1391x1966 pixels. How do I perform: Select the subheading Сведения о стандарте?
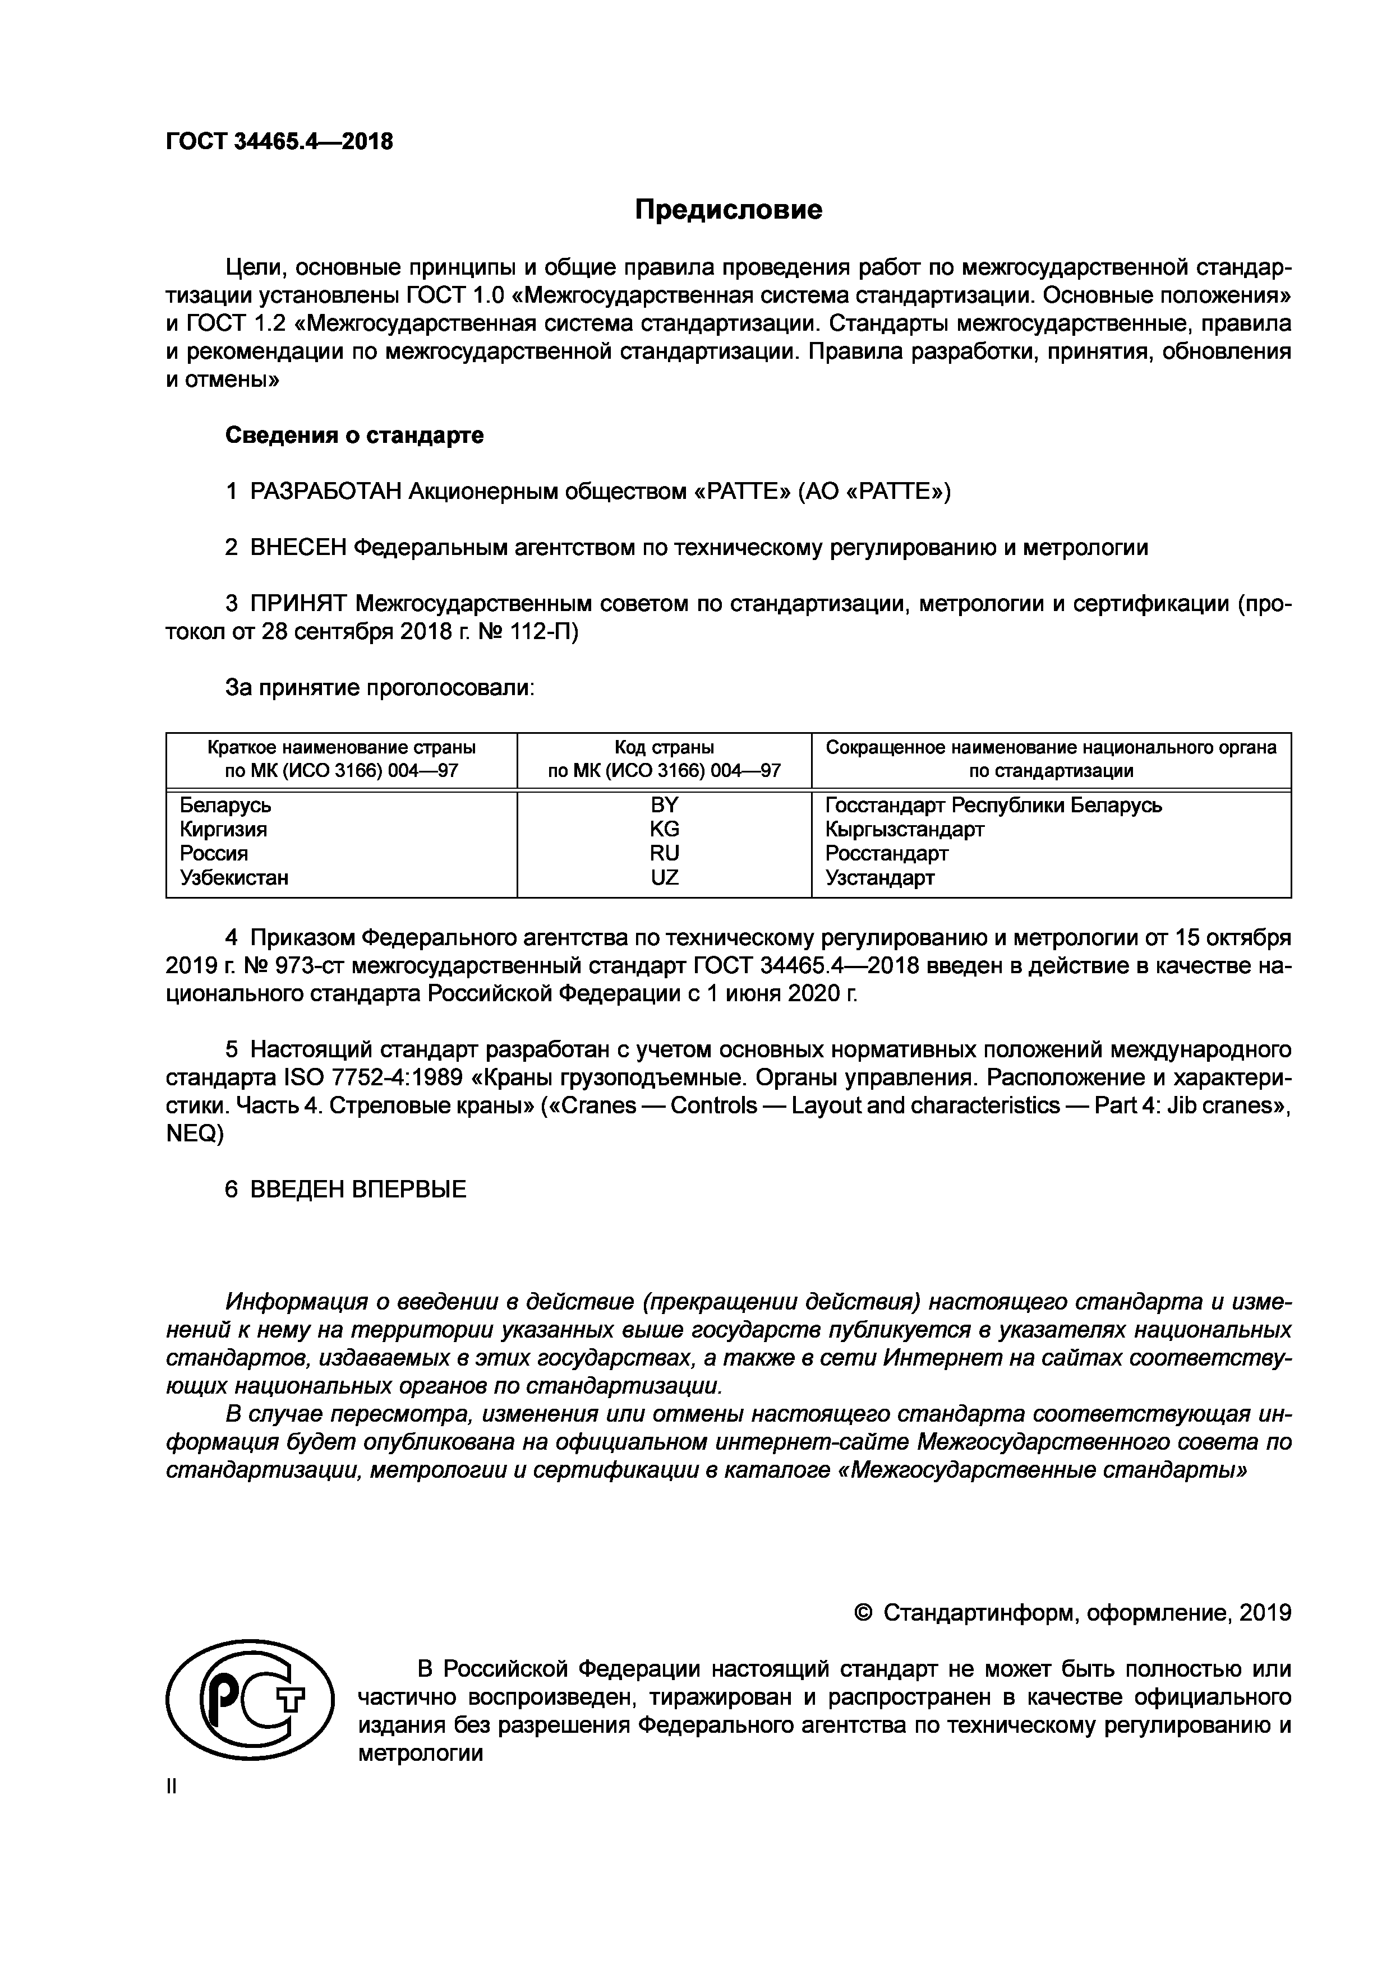(354, 435)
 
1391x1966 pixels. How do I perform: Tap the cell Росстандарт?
(887, 854)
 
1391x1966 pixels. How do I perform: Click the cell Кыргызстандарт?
(905, 830)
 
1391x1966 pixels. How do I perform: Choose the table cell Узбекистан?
(234, 878)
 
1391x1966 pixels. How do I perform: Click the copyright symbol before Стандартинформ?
(863, 1613)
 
